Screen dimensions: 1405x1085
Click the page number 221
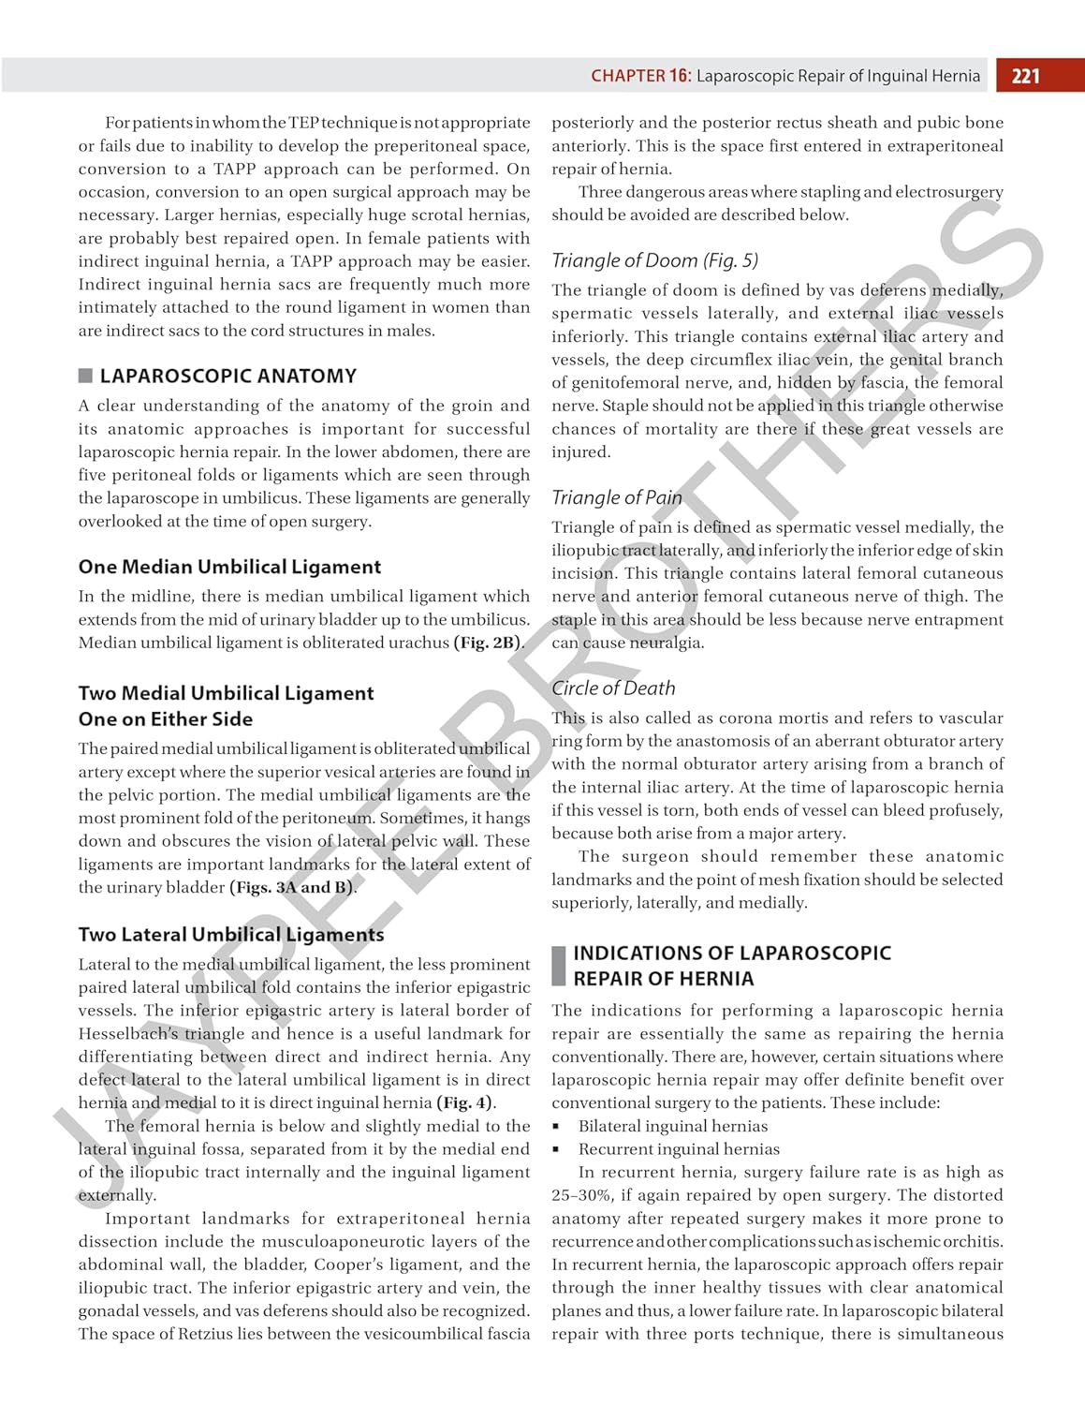[x=1026, y=76]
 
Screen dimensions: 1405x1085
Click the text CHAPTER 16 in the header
[x=640, y=76]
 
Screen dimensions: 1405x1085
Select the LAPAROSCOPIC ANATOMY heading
[x=228, y=376]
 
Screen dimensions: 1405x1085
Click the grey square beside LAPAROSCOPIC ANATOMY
[x=85, y=376]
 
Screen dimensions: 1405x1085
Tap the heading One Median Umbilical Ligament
[x=229, y=567]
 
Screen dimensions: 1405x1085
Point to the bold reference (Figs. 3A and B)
[x=292, y=887]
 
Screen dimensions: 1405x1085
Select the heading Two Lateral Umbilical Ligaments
[x=231, y=935]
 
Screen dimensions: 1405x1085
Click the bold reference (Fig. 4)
[x=466, y=1102]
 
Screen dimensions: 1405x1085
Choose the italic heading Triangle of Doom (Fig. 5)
[x=654, y=260]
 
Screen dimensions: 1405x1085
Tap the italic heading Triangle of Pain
[x=616, y=497]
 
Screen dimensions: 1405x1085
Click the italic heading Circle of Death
[x=613, y=688]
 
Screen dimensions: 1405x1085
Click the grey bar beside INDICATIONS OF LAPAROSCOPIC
[x=559, y=966]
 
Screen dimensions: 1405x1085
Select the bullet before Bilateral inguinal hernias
[x=556, y=1127]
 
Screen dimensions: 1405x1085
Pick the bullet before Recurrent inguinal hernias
[x=556, y=1149]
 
